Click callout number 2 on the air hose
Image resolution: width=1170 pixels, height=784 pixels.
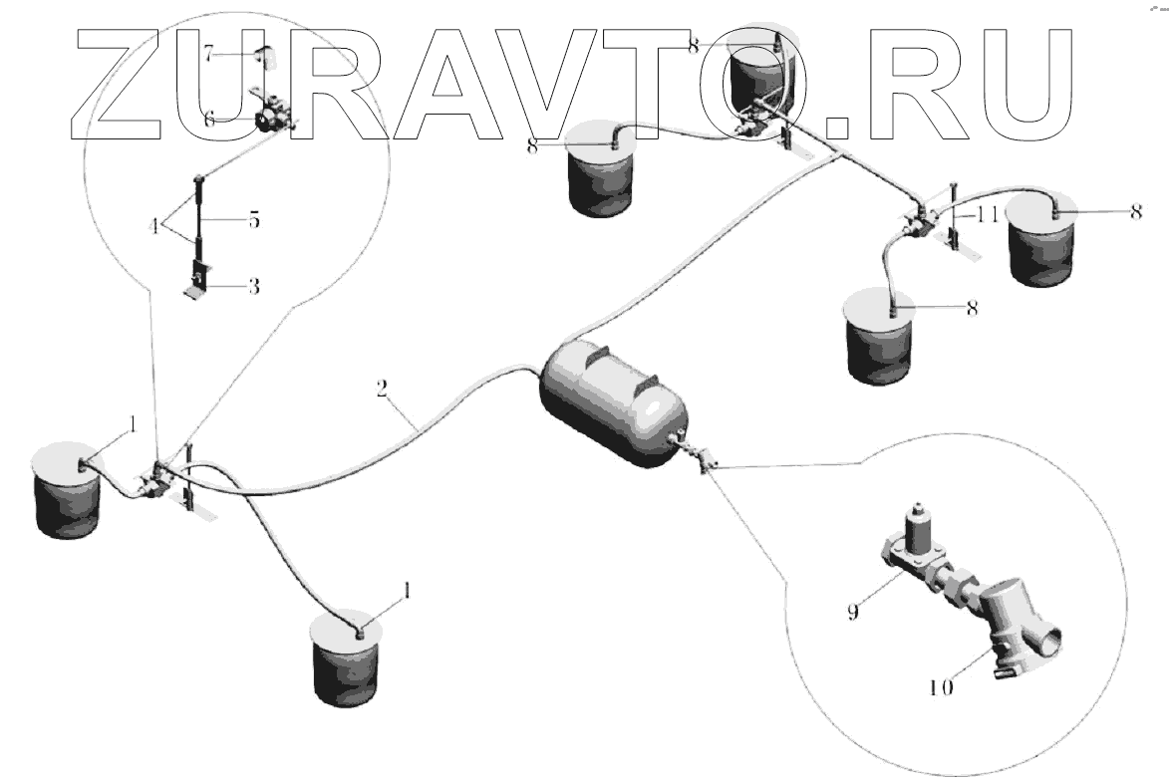click(x=381, y=388)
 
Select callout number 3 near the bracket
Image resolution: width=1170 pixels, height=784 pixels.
click(x=253, y=287)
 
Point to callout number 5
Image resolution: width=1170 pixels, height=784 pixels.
click(x=253, y=220)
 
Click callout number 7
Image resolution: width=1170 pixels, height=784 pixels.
click(x=209, y=55)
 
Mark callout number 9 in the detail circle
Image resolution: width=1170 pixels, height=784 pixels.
click(x=852, y=612)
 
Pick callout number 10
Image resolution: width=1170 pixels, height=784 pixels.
click(x=941, y=686)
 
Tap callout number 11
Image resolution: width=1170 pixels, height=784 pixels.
click(x=987, y=213)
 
